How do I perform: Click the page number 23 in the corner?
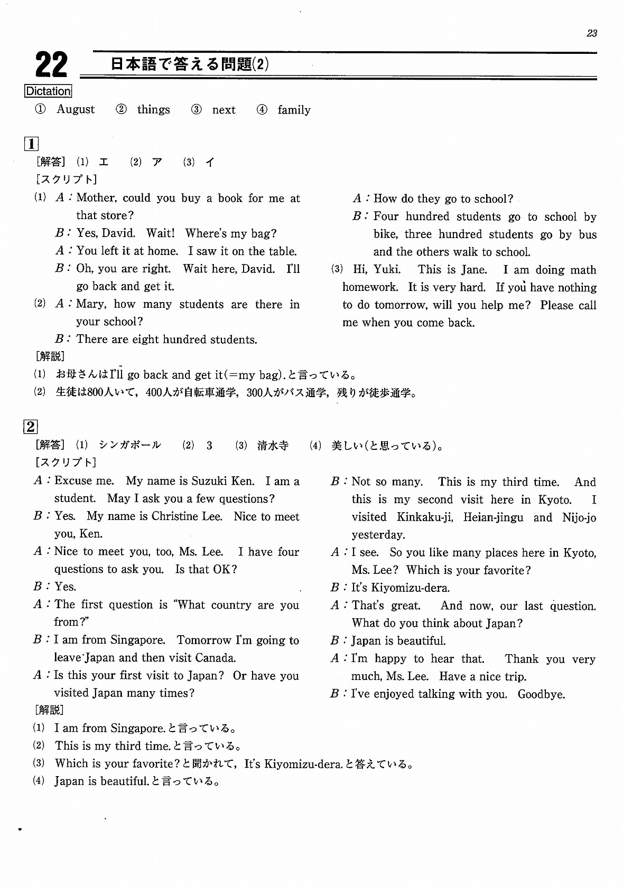(591, 33)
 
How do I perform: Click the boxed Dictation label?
(48, 91)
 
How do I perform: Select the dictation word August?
(76, 109)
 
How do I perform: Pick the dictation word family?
(294, 110)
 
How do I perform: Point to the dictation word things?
(153, 109)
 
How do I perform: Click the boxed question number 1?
(31, 143)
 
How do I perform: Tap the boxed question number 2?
(31, 426)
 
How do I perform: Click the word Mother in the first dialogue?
(96, 198)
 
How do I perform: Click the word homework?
(370, 287)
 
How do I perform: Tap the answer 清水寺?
(273, 445)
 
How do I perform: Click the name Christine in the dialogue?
(175, 516)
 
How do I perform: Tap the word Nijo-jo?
(579, 517)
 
